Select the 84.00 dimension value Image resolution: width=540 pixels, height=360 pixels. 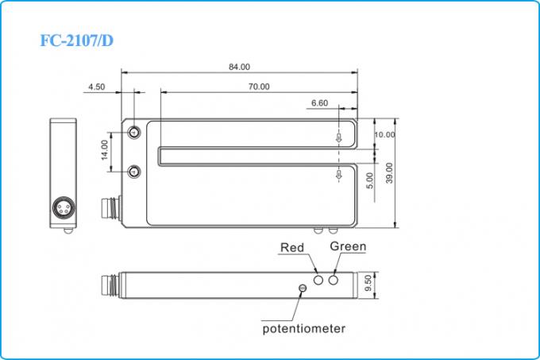coord(239,67)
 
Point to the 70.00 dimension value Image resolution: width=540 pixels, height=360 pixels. coord(259,87)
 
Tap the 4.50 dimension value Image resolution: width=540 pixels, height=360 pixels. coord(95,87)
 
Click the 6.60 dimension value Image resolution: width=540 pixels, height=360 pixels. coord(319,103)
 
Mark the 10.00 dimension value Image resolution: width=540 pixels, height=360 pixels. coord(384,135)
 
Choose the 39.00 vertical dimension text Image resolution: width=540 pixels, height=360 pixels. coord(389,174)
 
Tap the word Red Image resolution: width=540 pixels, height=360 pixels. coord(292,248)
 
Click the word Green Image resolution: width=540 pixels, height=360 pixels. coord(348,246)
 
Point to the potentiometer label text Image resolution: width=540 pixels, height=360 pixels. coord(304,328)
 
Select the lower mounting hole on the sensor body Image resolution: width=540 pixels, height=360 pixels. coord(134,171)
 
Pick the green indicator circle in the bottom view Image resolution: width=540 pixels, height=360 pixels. coord(334,279)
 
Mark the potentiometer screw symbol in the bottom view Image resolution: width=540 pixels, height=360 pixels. coord(301,288)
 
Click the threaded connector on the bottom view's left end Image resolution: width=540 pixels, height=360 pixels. coord(110,283)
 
